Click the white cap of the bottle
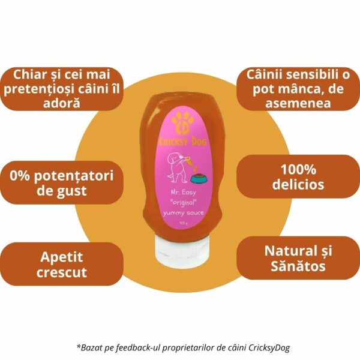(182, 251)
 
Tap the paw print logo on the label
(183, 123)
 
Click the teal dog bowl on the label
(199, 178)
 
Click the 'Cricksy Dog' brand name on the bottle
(183, 141)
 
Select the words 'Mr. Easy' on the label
(183, 192)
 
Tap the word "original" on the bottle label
(183, 203)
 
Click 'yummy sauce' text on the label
(183, 213)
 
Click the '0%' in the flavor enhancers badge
(20, 176)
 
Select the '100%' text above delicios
(298, 169)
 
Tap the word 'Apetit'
(62, 257)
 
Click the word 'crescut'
(62, 272)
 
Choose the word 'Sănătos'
(298, 266)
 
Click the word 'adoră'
(62, 103)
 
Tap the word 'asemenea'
(298, 103)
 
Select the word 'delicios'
(298, 184)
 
